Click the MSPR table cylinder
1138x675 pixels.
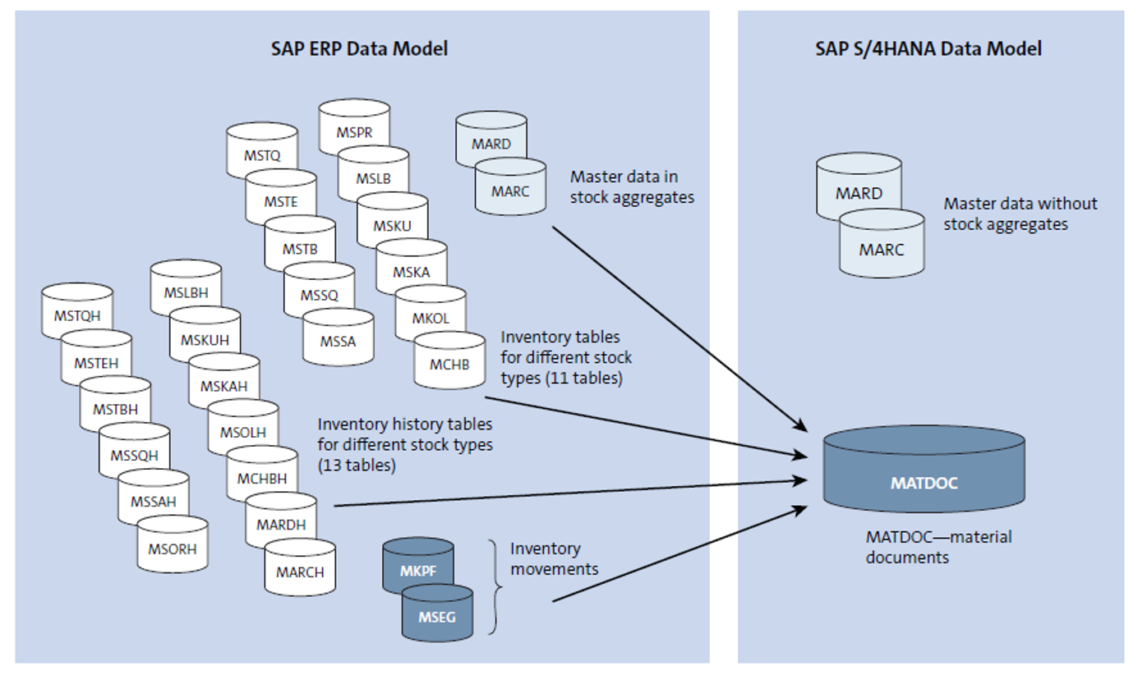(x=353, y=129)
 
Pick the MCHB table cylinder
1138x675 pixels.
(x=449, y=362)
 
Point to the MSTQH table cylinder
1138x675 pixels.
(x=76, y=314)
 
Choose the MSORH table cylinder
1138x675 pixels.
(x=172, y=548)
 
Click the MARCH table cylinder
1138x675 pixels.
(x=299, y=571)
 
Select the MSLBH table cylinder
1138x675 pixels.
(x=186, y=292)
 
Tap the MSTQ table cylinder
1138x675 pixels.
(x=261, y=153)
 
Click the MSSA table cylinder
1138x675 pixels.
(x=338, y=339)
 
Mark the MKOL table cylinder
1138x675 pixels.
(x=430, y=316)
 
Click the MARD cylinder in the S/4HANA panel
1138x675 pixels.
(x=859, y=194)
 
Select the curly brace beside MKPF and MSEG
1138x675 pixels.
(x=494, y=586)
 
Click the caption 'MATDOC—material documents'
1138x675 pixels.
(x=938, y=547)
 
